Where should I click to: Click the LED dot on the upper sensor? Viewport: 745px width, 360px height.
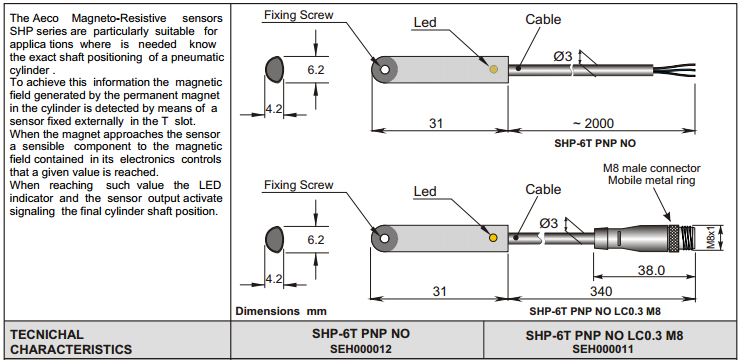click(x=494, y=69)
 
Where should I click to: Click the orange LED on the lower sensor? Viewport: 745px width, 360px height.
click(x=493, y=237)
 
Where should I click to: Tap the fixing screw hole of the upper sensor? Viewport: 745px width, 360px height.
click(x=385, y=70)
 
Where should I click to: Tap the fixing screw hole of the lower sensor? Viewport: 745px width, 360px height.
click(x=385, y=238)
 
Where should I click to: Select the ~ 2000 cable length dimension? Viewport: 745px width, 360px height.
click(x=593, y=123)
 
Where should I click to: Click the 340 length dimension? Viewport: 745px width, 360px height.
click(x=602, y=291)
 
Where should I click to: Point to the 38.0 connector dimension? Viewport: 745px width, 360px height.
click(x=650, y=270)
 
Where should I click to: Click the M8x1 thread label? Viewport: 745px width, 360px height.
click(x=711, y=237)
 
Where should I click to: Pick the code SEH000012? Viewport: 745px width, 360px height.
click(x=360, y=349)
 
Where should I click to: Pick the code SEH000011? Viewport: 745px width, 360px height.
click(x=603, y=350)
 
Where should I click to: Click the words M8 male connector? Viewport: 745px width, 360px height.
click(x=652, y=169)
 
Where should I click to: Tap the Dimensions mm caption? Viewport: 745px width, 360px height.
click(x=281, y=312)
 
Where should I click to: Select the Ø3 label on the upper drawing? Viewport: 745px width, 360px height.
click(x=563, y=56)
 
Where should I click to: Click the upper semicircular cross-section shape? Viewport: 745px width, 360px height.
click(x=275, y=69)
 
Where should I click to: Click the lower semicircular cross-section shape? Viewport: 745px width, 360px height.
click(x=275, y=239)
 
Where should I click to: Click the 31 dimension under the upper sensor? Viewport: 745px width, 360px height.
click(x=435, y=123)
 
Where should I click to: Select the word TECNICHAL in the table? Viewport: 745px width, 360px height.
click(x=47, y=334)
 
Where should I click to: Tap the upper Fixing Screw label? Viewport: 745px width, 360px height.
click(x=299, y=15)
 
